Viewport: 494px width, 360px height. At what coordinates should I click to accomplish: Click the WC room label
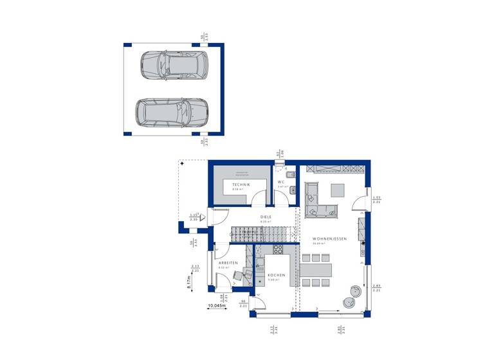coord(281,182)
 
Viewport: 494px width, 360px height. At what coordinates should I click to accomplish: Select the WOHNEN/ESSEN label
coord(329,239)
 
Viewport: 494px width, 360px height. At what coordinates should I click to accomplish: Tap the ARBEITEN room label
coord(228,264)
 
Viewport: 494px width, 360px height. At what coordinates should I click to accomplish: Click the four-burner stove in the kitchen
coord(279,249)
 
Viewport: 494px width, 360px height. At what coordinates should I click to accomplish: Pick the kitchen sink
coord(260,264)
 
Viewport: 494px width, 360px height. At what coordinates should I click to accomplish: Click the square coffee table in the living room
coord(338,190)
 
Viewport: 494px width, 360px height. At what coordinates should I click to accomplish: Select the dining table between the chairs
coord(316,269)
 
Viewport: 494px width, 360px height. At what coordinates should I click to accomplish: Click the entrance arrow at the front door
coord(203,218)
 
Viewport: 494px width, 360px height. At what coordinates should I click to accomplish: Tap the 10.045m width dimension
coord(217,306)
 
